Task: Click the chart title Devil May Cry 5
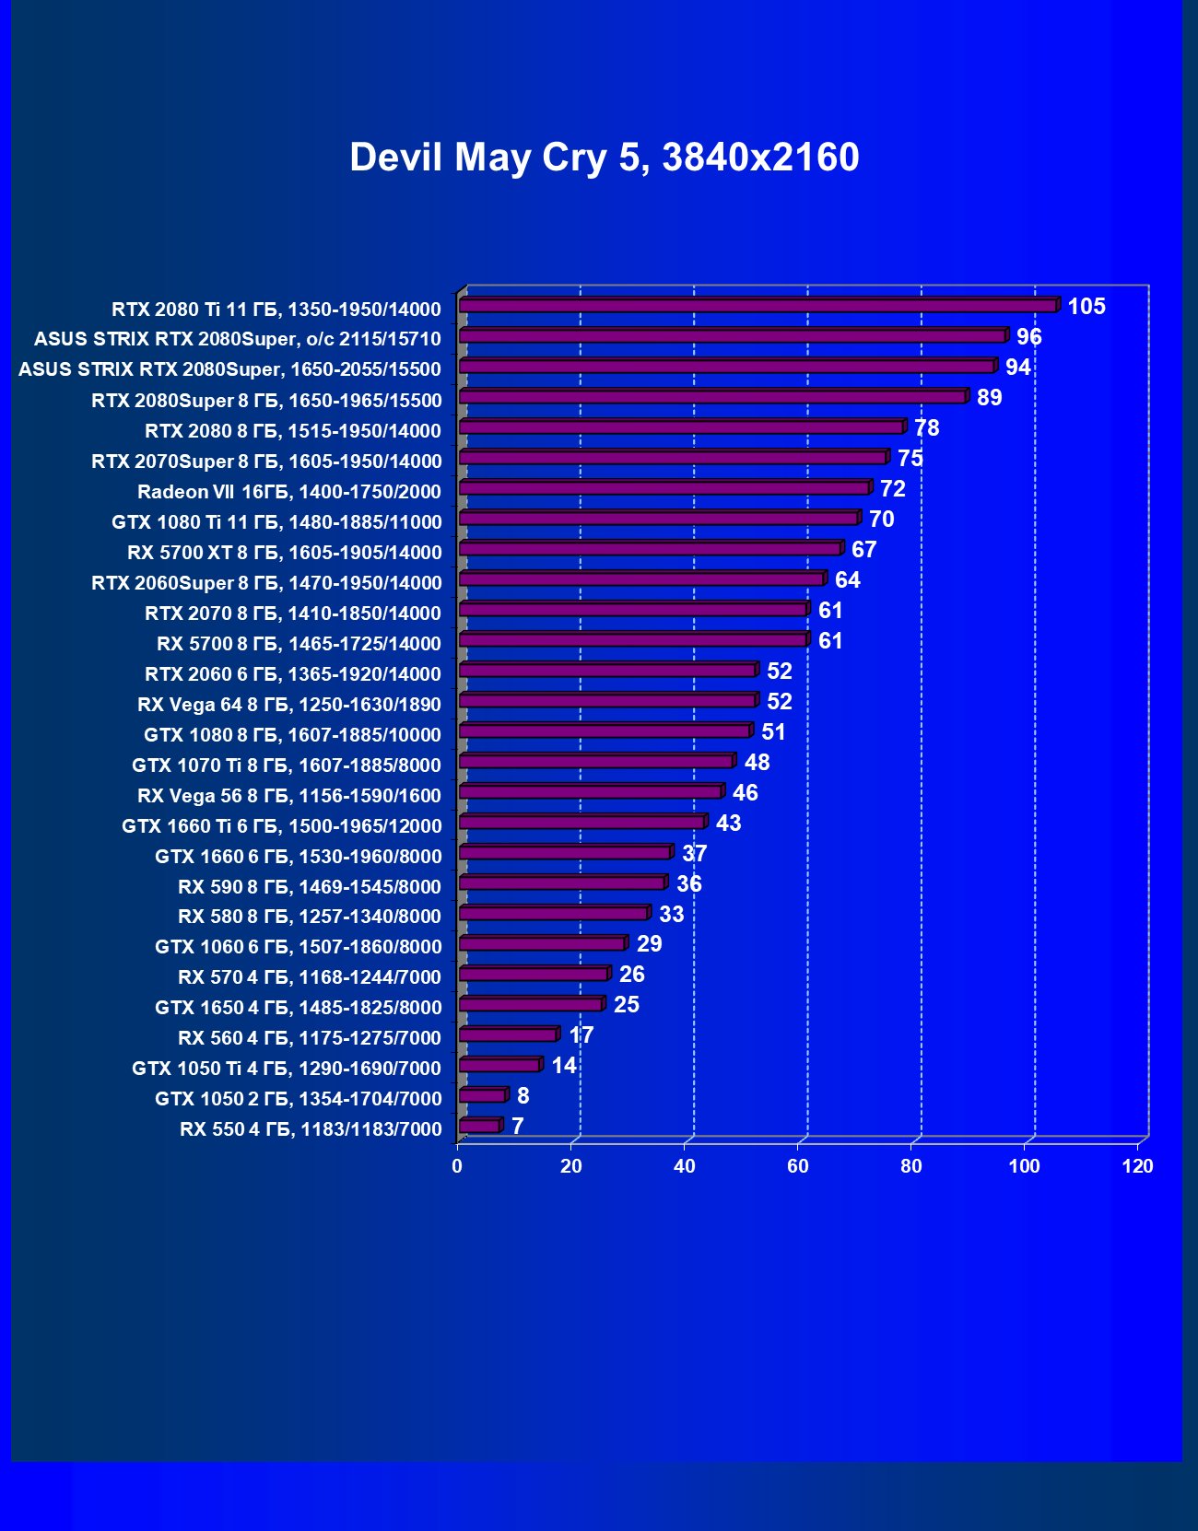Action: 604,158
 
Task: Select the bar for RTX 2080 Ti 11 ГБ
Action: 758,306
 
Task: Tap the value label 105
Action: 1086,307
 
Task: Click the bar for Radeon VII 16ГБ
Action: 664,488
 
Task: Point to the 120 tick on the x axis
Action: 1137,1166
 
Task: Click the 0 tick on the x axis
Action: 457,1166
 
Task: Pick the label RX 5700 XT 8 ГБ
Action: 284,553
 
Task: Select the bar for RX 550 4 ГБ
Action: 479,1126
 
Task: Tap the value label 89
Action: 989,398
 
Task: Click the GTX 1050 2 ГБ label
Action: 298,1099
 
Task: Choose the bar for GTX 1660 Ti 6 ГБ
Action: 581,823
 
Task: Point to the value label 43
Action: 728,824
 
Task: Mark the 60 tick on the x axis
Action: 797,1166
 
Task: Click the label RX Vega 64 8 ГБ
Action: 288,705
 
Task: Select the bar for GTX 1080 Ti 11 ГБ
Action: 658,519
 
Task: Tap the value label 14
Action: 563,1066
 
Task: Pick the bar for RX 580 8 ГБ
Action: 553,914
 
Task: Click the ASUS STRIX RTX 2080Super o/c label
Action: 237,339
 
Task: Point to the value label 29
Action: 649,944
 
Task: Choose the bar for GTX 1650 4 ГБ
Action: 531,1004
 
